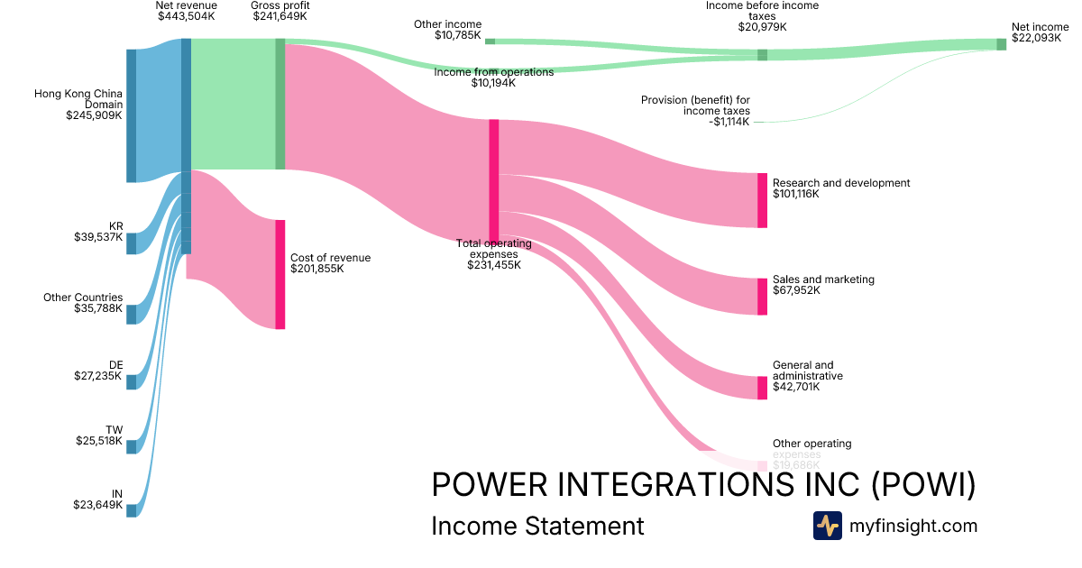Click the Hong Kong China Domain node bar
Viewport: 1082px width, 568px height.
pos(132,115)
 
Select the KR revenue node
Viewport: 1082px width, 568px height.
pos(132,243)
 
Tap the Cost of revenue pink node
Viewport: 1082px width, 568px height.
pos(280,274)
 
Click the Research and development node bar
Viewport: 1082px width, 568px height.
pos(763,200)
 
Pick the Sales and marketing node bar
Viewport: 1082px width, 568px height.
pos(763,297)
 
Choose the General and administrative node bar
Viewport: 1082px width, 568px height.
pos(763,388)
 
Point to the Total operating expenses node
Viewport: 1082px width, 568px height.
pos(494,180)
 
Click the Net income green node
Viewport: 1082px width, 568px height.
pos(1001,44)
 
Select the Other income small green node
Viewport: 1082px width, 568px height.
pos(490,41)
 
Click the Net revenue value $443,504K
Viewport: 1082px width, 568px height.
pos(186,16)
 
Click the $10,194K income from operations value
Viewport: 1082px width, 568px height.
pos(493,83)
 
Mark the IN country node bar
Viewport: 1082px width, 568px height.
pos(132,510)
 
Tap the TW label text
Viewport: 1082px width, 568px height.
pos(115,430)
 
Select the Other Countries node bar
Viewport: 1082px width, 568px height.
pos(132,314)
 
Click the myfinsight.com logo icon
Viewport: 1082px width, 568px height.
pos(827,526)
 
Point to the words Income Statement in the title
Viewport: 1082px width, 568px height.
pos(537,526)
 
